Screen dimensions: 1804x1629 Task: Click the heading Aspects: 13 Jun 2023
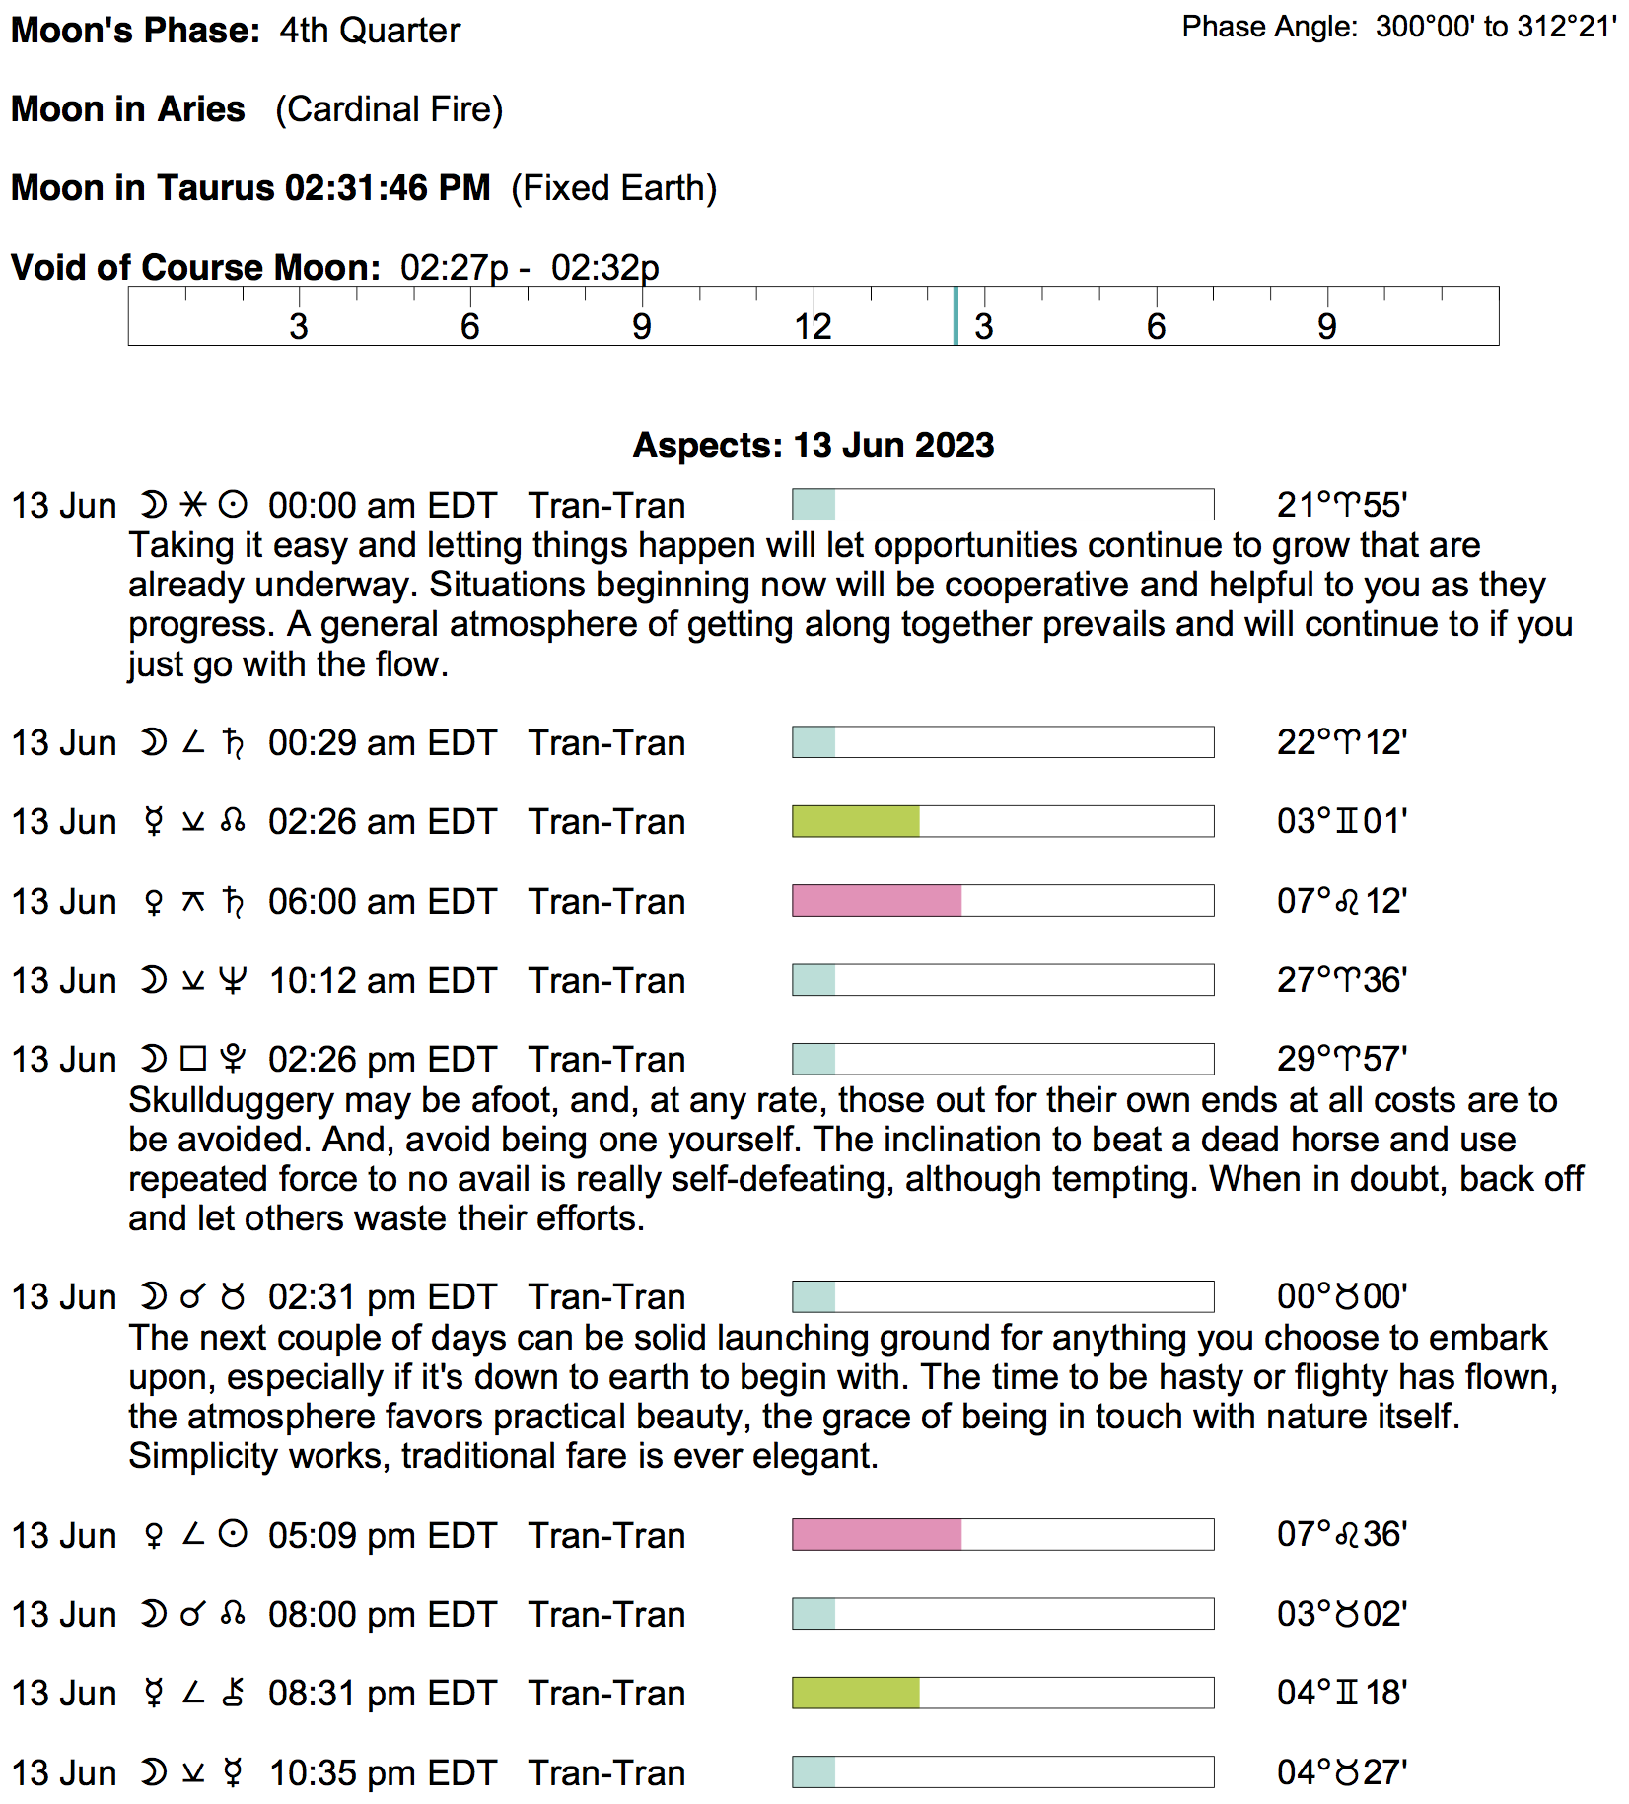tap(813, 446)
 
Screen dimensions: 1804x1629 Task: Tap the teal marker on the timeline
tap(956, 315)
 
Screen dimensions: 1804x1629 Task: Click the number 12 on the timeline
tap(813, 326)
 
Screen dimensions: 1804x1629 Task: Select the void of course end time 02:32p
tap(604, 267)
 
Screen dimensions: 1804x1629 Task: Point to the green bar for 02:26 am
tap(856, 821)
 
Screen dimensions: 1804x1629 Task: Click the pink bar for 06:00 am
tap(877, 901)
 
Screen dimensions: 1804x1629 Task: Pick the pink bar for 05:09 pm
tap(877, 1535)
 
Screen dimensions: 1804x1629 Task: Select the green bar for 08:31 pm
tap(856, 1694)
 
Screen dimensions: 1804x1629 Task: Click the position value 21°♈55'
tap(1341, 505)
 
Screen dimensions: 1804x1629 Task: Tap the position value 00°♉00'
tap(1341, 1296)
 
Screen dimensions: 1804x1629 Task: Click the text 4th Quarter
tap(370, 31)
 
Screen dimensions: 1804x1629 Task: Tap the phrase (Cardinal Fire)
tap(389, 109)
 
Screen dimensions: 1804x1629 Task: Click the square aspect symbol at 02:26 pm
tap(193, 1059)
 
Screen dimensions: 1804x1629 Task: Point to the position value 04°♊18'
tap(1341, 1694)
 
